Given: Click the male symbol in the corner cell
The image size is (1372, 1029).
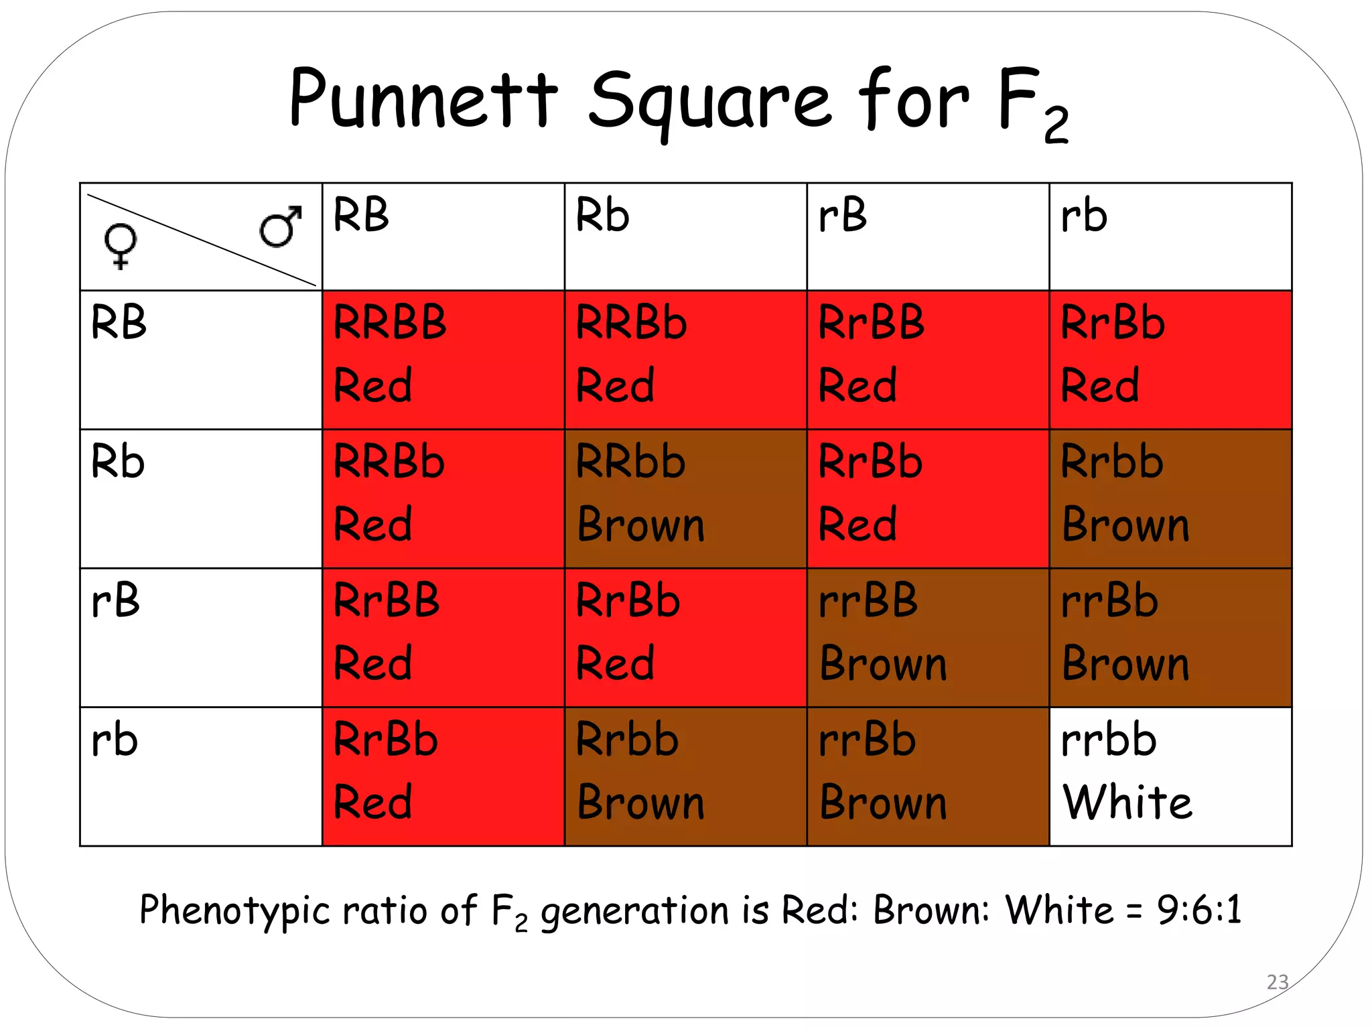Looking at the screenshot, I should click(x=281, y=226).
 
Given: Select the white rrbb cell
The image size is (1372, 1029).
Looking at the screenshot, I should click(x=1170, y=776).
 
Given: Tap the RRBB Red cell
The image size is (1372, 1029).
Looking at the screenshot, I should click(x=443, y=360).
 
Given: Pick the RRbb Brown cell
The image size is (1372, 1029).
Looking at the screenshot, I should click(x=685, y=498).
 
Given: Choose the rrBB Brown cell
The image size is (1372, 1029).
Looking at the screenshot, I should click(x=928, y=637).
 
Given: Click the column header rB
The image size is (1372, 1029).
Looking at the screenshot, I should click(x=843, y=216).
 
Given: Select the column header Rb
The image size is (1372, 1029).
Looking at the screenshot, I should click(x=602, y=216).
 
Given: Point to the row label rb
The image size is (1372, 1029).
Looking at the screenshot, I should click(x=115, y=741).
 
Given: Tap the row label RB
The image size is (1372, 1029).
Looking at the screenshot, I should click(x=119, y=322).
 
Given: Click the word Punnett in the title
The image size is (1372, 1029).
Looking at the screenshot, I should click(x=423, y=99).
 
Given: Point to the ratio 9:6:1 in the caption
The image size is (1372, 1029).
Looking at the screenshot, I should click(x=1199, y=910).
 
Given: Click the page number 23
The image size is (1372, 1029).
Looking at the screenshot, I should click(x=1278, y=982).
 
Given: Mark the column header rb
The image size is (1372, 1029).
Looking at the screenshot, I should click(x=1084, y=216).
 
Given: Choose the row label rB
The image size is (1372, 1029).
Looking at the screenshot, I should click(x=116, y=600).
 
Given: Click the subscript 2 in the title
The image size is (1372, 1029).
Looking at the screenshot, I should click(x=1056, y=126).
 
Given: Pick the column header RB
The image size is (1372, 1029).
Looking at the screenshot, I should click(x=361, y=216).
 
